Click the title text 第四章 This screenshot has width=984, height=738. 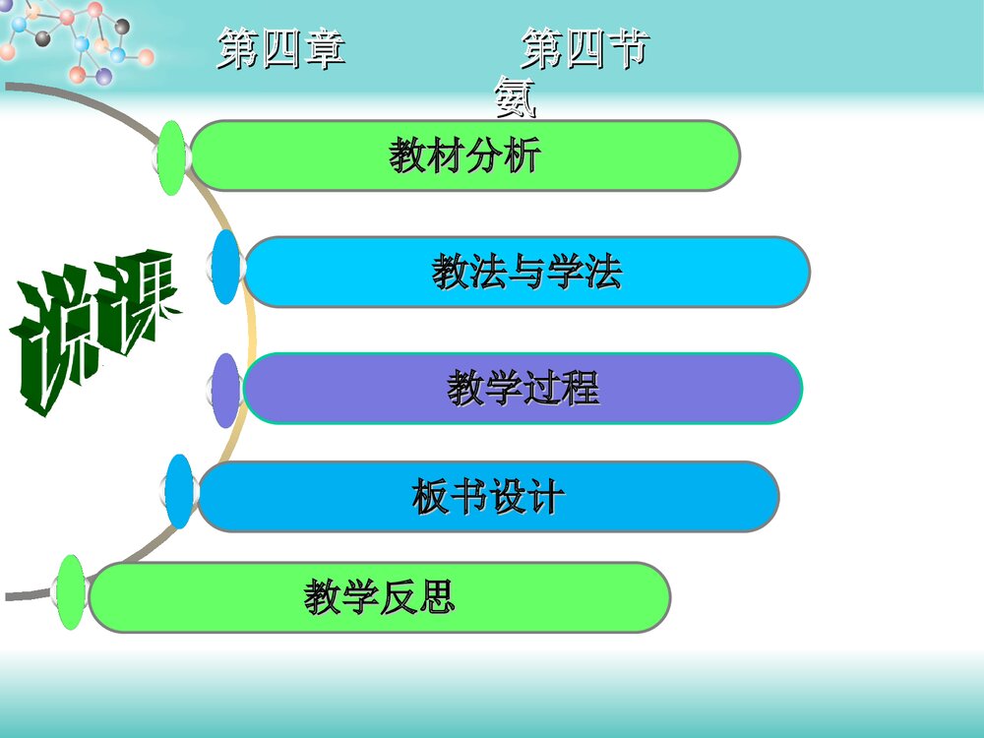point(281,49)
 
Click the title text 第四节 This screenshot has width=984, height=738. point(585,49)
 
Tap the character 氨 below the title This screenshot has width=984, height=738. point(516,96)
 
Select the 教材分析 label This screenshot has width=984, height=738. point(464,155)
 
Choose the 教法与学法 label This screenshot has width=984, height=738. point(526,273)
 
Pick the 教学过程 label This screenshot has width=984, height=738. point(523,389)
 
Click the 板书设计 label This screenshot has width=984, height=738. point(487,497)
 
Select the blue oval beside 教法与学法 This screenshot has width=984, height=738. point(226,267)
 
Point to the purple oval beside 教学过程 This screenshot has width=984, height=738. point(227,391)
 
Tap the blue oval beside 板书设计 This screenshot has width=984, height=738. point(179,491)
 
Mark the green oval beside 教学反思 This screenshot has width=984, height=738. point(70,592)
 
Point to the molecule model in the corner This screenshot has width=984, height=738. point(74,39)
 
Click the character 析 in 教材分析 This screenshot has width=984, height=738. point(523,155)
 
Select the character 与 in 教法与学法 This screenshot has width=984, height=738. point(526,273)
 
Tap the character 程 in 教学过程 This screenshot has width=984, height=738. point(580,389)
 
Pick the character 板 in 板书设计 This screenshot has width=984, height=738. point(430,497)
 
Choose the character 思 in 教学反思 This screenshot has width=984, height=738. point(436,597)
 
